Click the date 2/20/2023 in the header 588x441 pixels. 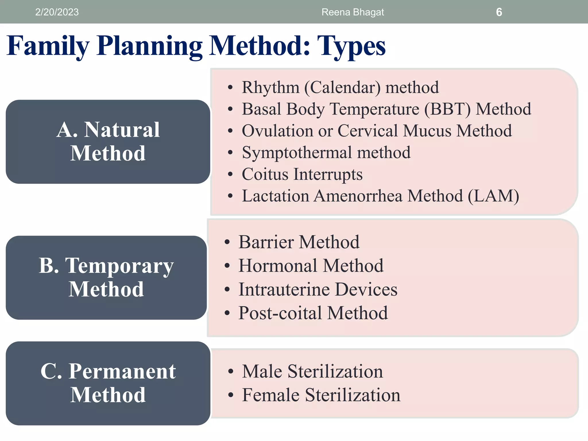point(57,12)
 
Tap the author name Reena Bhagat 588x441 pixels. point(353,12)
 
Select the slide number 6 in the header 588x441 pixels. point(499,12)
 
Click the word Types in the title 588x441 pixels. point(351,46)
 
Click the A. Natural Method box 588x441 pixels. point(108,142)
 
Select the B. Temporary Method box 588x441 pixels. point(106,277)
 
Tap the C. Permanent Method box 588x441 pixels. point(108,383)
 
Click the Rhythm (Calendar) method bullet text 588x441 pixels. point(340,87)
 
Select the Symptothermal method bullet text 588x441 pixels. point(326,152)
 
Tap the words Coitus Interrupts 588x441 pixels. point(302,174)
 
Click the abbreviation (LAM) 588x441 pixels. point(493,196)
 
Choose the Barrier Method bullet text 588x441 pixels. point(299,242)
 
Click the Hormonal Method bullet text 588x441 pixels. point(311,266)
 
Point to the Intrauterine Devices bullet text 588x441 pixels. point(318,289)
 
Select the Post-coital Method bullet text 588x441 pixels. point(313,313)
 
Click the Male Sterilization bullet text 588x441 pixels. point(312,372)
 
